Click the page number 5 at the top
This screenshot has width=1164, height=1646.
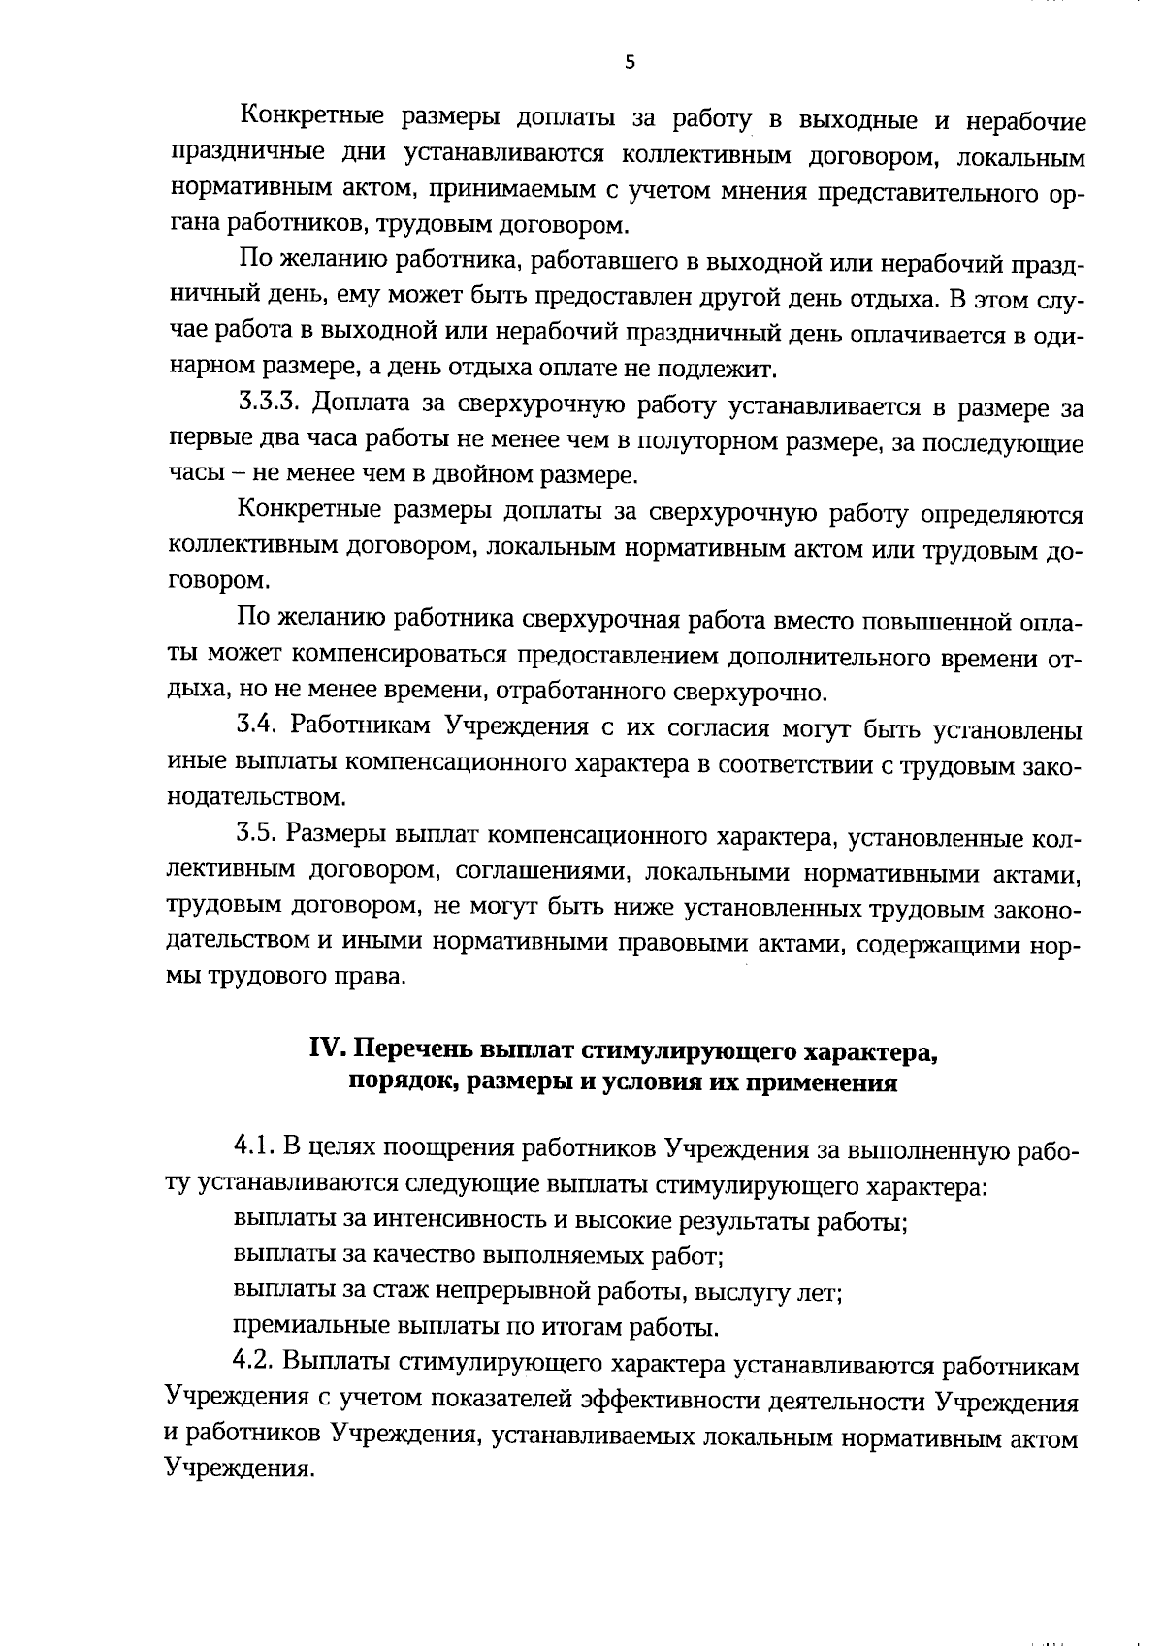point(630,63)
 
